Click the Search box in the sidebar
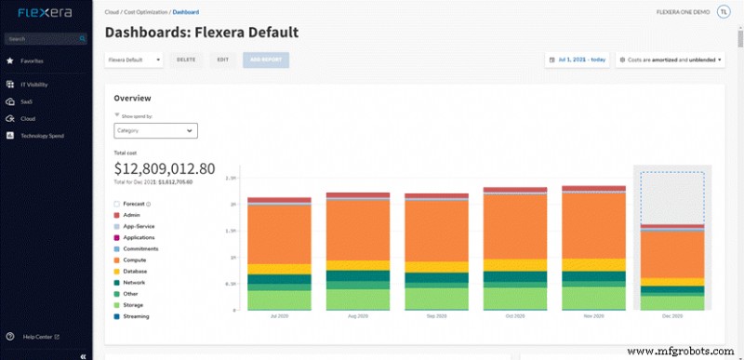tap(45, 39)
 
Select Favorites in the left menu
tap(33, 60)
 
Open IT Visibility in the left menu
tap(35, 85)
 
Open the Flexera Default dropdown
tap(134, 60)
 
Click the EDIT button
tap(222, 60)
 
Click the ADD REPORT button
tap(266, 60)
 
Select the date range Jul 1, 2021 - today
tap(578, 60)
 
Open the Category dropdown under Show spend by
tap(155, 131)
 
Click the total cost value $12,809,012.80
tap(165, 169)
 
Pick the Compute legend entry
tap(135, 260)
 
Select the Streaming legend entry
tap(137, 316)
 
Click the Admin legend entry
tap(131, 215)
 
